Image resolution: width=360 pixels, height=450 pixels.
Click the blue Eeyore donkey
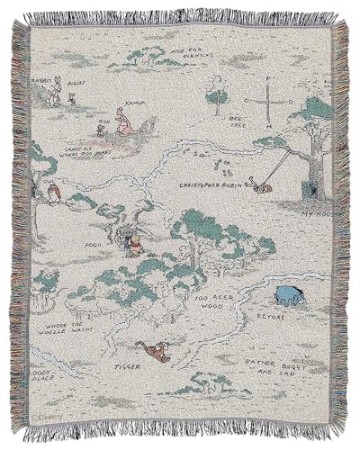290,293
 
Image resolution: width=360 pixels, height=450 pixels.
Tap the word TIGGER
128,367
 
